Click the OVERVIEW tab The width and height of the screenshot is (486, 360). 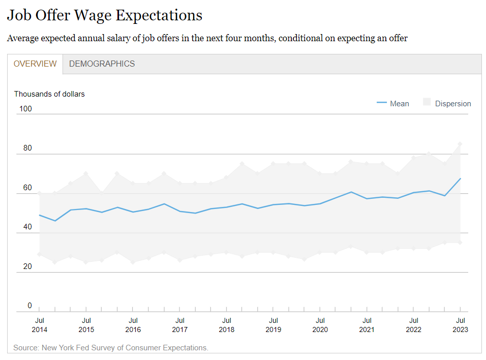tap(35, 64)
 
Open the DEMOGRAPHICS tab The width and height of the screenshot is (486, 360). tap(102, 64)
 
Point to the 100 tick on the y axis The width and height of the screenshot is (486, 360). tap(25, 109)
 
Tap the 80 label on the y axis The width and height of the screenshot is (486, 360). tap(27, 148)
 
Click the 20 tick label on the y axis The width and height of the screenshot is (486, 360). tap(27, 266)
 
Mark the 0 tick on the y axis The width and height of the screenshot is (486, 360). tap(29, 306)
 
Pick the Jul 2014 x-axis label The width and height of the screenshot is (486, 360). tap(39, 325)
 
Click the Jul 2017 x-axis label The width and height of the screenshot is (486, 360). tap(179, 325)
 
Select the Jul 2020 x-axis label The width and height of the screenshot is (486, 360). tap(320, 325)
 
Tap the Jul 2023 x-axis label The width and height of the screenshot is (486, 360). tap(460, 325)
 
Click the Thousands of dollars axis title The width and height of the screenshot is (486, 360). tap(49, 94)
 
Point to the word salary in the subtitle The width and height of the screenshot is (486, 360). tap(128, 38)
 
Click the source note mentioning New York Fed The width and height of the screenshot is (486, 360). tap(111, 348)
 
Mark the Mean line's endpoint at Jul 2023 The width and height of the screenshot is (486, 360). tap(460, 178)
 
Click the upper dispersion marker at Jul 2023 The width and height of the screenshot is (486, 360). tap(460, 144)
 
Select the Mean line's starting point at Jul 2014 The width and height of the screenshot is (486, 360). tap(39, 215)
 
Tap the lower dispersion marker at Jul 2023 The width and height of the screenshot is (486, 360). tap(460, 243)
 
